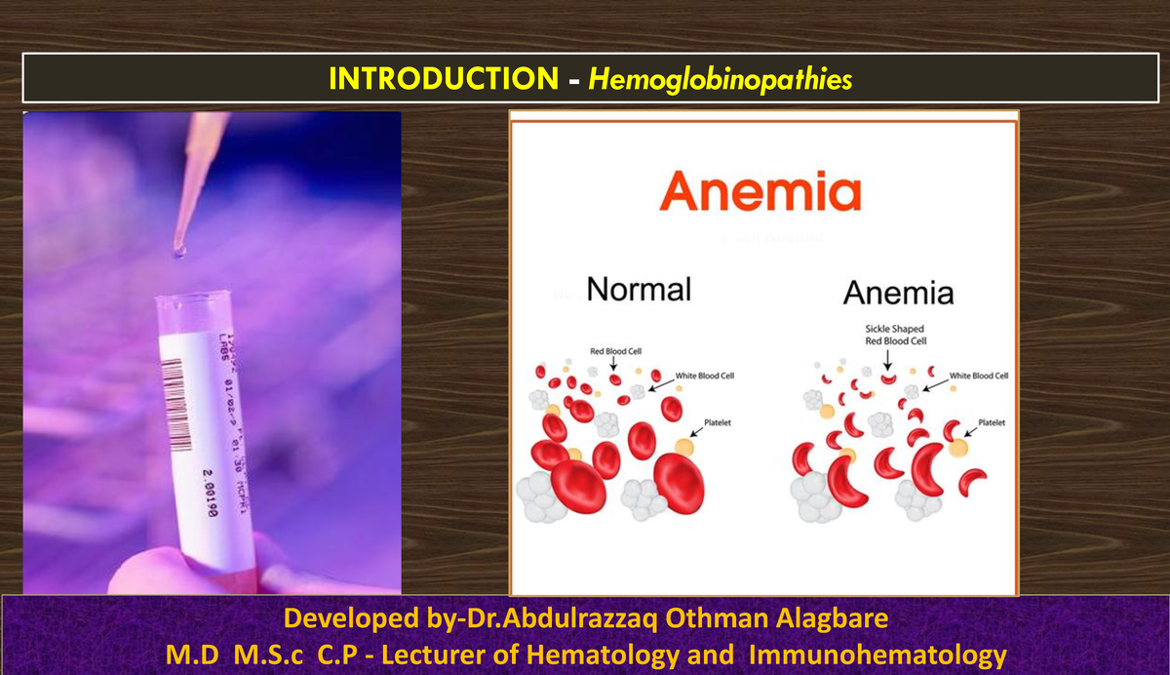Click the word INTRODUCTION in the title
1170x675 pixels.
(x=442, y=79)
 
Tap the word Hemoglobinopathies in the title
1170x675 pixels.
(x=720, y=79)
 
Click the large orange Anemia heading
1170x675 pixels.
(x=760, y=191)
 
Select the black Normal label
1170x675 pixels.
(x=640, y=289)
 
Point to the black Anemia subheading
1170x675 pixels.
(x=898, y=293)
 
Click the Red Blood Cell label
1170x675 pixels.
(x=614, y=350)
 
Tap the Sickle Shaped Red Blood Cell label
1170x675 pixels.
(x=895, y=335)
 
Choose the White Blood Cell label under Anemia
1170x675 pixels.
(x=978, y=376)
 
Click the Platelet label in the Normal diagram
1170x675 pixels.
(x=718, y=422)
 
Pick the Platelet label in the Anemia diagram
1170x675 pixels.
(x=993, y=422)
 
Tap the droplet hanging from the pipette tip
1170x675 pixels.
(x=178, y=252)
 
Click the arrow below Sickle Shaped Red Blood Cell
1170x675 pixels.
(x=887, y=358)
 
